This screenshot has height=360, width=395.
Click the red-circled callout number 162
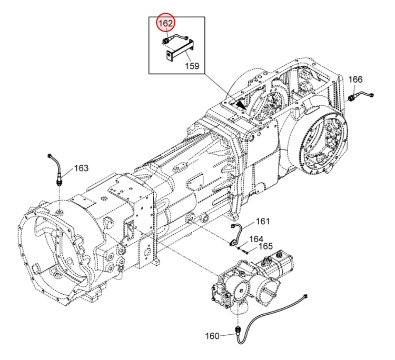click(x=165, y=23)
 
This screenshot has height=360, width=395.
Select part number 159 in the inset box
click(x=192, y=66)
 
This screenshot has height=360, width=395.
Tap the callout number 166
click(x=355, y=79)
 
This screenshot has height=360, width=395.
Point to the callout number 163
click(x=81, y=168)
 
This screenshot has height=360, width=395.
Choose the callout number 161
click(x=263, y=221)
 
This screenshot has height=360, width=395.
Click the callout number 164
click(x=256, y=239)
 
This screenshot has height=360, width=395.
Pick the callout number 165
click(x=266, y=246)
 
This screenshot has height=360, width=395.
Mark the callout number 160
click(x=212, y=336)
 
